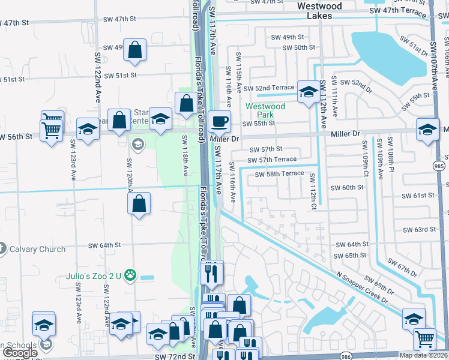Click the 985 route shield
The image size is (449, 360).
tap(441, 165)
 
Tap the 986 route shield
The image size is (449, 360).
tap(346, 355)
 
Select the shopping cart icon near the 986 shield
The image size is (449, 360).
tap(425, 339)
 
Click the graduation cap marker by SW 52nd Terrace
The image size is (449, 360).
tap(309, 92)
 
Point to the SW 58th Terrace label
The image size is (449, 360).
tap(279, 174)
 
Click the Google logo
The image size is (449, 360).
tap(20, 353)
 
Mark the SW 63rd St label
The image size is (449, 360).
tap(418, 229)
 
